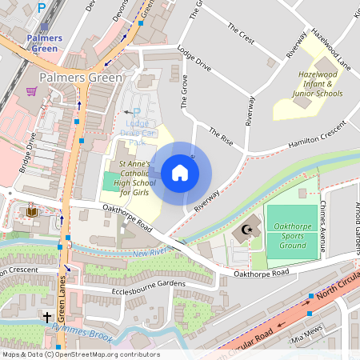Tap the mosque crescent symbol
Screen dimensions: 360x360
pos(246,232)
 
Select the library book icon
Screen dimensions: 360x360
pos(32,212)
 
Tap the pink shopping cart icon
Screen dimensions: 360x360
pos(31,92)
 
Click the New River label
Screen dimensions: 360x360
pos(151,253)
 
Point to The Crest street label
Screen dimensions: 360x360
pos(241,36)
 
